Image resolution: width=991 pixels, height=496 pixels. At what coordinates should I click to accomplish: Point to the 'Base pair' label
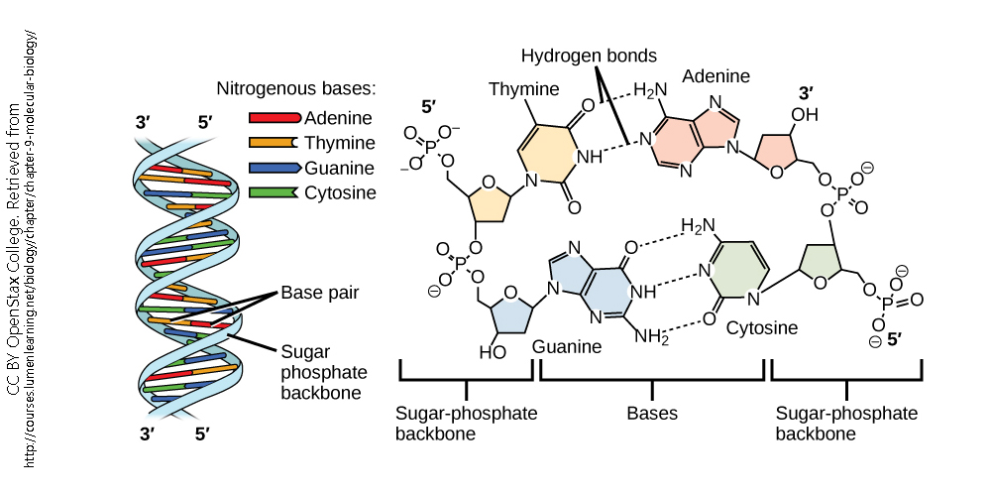(x=319, y=293)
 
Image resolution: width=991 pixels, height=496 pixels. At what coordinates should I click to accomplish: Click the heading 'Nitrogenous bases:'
(x=296, y=88)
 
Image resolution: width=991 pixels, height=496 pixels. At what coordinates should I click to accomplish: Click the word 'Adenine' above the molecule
(x=716, y=76)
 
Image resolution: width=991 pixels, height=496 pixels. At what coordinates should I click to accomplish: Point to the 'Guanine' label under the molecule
(x=567, y=346)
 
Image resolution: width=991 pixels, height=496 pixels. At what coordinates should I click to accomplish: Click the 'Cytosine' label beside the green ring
(x=761, y=326)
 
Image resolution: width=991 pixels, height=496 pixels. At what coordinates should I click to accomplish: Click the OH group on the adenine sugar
(x=804, y=115)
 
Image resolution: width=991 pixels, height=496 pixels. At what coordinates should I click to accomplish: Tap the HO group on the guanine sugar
(x=493, y=351)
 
